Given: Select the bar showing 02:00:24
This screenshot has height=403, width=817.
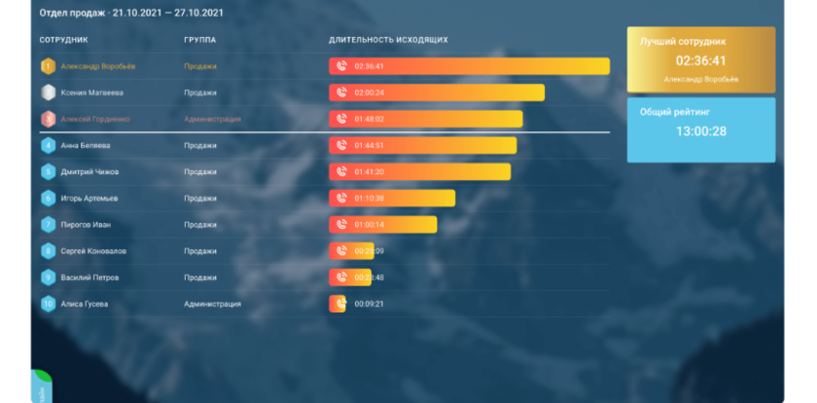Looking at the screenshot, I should coord(437,92).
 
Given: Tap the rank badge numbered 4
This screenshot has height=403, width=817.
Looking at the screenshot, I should coord(48,145).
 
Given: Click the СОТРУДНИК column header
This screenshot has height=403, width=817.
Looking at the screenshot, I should coord(63,40).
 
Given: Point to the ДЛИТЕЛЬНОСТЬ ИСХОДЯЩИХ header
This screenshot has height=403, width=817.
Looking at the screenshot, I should coord(388,40).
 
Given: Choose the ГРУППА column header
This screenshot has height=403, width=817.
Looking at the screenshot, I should coord(199,40).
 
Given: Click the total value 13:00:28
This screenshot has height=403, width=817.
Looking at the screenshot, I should coord(701,130).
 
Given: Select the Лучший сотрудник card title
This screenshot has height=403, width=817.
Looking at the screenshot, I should coord(683,42).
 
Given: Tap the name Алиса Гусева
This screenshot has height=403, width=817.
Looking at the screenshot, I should coord(85,304).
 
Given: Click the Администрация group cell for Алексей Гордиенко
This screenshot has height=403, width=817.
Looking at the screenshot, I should coord(211,119).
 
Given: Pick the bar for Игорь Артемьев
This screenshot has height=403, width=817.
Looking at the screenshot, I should coord(392,199).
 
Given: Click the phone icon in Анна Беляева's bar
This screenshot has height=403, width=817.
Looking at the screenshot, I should coord(341,145).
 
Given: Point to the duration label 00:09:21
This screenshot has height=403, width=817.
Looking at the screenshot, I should coord(370,304).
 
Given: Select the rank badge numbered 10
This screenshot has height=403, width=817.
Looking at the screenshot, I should coord(48,304).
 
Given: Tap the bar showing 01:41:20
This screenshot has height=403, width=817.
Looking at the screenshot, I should coord(420,172).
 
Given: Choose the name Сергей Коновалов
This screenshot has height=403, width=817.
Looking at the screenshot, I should coord(93,251).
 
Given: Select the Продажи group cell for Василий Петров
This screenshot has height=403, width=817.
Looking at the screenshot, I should coord(199,277).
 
